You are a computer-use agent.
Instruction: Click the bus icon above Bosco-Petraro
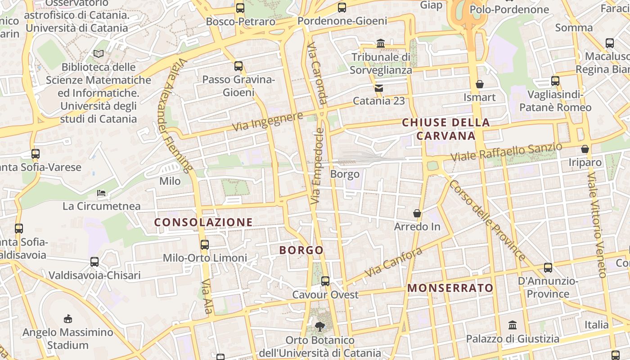pyautogui.click(x=240, y=8)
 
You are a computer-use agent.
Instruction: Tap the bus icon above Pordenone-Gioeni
pyautogui.click(x=342, y=7)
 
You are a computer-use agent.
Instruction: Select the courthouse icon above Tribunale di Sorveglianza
pyautogui.click(x=381, y=44)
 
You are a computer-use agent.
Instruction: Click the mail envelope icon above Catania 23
pyautogui.click(x=379, y=88)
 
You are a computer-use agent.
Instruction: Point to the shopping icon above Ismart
pyautogui.click(x=480, y=84)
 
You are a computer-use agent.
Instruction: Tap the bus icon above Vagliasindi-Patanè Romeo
pyautogui.click(x=555, y=81)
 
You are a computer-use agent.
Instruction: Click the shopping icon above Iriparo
pyautogui.click(x=585, y=148)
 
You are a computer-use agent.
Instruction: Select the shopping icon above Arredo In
pyautogui.click(x=417, y=213)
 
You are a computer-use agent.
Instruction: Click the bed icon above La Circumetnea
pyautogui.click(x=101, y=193)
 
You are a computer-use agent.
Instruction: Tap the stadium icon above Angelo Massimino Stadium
pyautogui.click(x=68, y=319)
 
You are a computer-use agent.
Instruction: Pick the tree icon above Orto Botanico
pyautogui.click(x=320, y=326)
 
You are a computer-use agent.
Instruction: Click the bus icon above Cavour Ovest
pyautogui.click(x=325, y=281)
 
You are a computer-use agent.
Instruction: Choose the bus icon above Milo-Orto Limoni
pyautogui.click(x=205, y=244)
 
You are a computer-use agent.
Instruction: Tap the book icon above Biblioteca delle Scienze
pyautogui.click(x=99, y=54)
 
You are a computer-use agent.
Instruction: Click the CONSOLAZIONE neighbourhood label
pyautogui.click(x=203, y=222)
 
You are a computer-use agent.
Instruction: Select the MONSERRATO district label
pyautogui.click(x=450, y=288)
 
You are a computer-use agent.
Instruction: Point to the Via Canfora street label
pyautogui.click(x=394, y=262)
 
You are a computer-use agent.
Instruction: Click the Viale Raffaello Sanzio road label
pyautogui.click(x=507, y=152)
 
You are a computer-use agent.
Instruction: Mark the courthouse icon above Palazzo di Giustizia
pyautogui.click(x=513, y=325)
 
